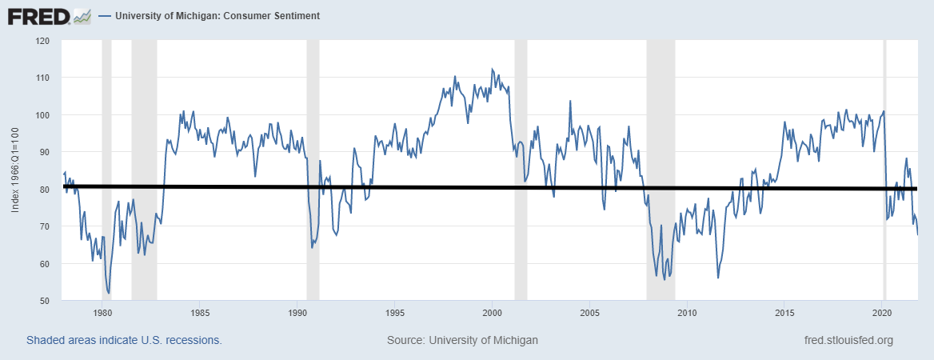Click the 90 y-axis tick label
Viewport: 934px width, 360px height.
coord(45,152)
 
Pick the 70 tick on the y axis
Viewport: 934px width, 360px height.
coord(45,227)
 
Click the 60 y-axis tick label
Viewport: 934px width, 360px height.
coord(45,264)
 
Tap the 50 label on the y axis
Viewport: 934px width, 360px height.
coord(45,301)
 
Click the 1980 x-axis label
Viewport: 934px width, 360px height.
coord(102,312)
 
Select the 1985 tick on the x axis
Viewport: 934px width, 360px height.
coord(200,312)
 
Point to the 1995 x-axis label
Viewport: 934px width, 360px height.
coord(394,312)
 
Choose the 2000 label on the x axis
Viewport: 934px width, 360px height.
coord(492,312)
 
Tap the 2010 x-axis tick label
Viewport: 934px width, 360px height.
coord(687,312)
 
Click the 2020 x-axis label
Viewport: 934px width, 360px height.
coord(882,312)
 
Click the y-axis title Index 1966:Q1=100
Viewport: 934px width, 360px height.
coord(16,170)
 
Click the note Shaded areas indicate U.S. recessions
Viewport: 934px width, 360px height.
coord(124,340)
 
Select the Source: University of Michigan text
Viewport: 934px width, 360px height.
coord(462,340)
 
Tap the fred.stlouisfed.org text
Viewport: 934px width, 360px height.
coord(848,340)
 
